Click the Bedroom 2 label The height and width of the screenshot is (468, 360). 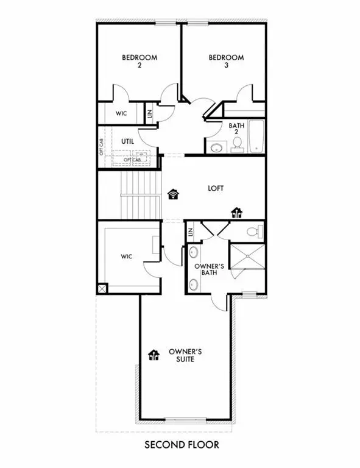139,62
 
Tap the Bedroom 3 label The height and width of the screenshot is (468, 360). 226,62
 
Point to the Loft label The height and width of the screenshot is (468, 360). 216,188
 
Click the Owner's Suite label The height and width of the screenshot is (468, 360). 181,357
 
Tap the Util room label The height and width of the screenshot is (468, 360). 127,141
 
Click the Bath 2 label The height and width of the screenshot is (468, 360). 236,130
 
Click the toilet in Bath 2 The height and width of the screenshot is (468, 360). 238,144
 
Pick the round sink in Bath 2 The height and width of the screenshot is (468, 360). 216,147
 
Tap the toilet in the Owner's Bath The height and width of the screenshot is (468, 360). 257,232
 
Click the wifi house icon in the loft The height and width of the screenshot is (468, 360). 173,194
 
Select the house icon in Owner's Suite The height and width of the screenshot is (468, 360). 153,355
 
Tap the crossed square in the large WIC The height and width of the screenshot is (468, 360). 103,288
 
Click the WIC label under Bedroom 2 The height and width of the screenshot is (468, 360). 121,114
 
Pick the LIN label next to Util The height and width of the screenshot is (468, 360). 150,113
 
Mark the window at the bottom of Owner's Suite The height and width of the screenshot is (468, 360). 182,419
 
